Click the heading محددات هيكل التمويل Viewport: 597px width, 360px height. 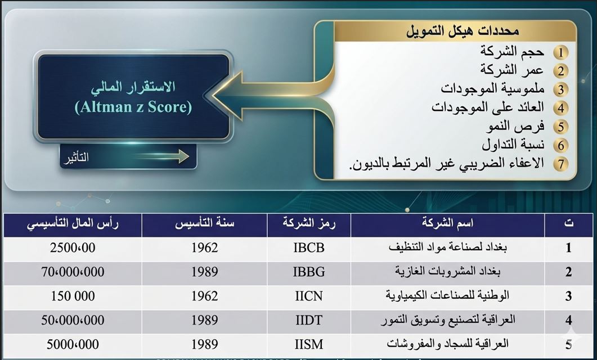pos(463,31)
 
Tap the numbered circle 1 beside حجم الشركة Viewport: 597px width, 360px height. pos(560,53)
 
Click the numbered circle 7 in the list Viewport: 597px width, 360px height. pos(560,164)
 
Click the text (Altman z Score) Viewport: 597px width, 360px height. pos(133,107)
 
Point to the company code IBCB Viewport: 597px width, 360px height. pos(309,247)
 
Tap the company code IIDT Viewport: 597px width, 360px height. pos(309,320)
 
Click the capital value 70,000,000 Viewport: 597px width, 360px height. pos(73,272)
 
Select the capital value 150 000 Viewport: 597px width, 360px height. pos(73,296)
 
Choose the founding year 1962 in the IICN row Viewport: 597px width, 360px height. pos(204,296)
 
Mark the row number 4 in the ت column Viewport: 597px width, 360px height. pos(569,321)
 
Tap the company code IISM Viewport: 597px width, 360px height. pos(309,344)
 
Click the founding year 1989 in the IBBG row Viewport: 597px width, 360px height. pos(204,272)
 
